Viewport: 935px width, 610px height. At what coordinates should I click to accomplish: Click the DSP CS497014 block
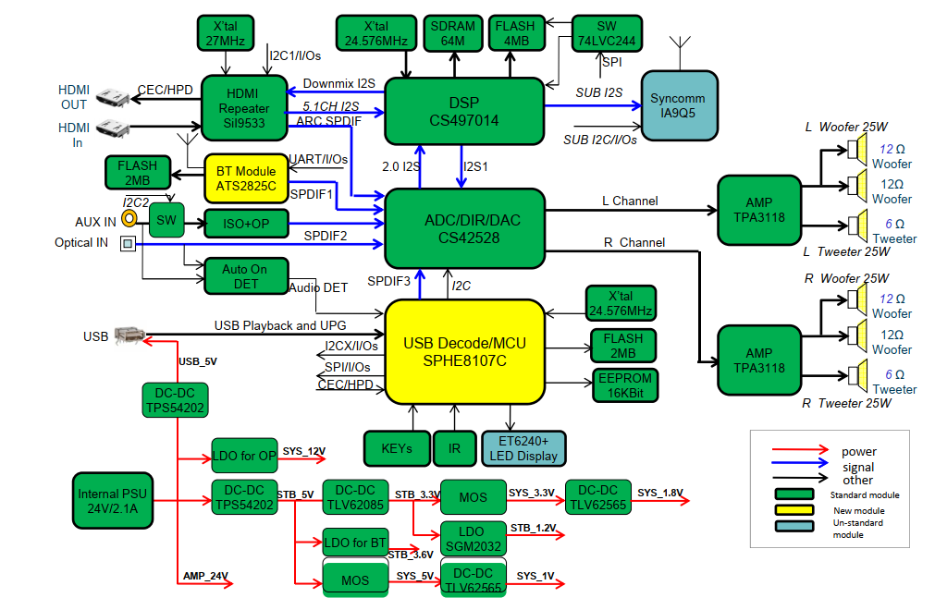[464, 112]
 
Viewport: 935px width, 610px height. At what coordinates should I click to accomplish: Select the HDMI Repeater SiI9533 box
[244, 108]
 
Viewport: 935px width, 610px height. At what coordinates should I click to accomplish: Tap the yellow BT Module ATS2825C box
[246, 178]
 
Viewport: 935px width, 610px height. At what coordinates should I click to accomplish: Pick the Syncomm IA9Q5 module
[679, 105]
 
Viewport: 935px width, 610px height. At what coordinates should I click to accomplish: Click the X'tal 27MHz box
[226, 33]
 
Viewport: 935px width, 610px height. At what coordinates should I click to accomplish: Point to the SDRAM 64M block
[453, 33]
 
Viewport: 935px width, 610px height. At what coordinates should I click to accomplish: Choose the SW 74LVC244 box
[607, 33]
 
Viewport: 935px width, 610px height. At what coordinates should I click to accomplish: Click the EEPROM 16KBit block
[625, 385]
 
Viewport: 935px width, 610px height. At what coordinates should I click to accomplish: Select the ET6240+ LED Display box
[523, 448]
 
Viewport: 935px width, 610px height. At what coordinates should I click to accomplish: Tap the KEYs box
[397, 448]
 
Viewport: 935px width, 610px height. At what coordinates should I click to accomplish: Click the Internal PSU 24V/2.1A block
[113, 501]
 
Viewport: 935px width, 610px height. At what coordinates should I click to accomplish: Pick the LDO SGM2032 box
[473, 539]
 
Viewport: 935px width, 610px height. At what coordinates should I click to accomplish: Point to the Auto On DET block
[246, 276]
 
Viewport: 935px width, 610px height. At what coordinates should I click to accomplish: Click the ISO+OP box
[246, 224]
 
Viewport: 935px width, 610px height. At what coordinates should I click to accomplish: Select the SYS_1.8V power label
[660, 493]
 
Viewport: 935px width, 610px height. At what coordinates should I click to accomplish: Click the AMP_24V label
[205, 576]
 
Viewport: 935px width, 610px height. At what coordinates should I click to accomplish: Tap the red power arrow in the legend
[800, 450]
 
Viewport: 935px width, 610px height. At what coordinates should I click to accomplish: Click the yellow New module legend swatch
[794, 510]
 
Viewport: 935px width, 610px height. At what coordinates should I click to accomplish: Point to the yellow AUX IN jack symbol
[129, 219]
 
